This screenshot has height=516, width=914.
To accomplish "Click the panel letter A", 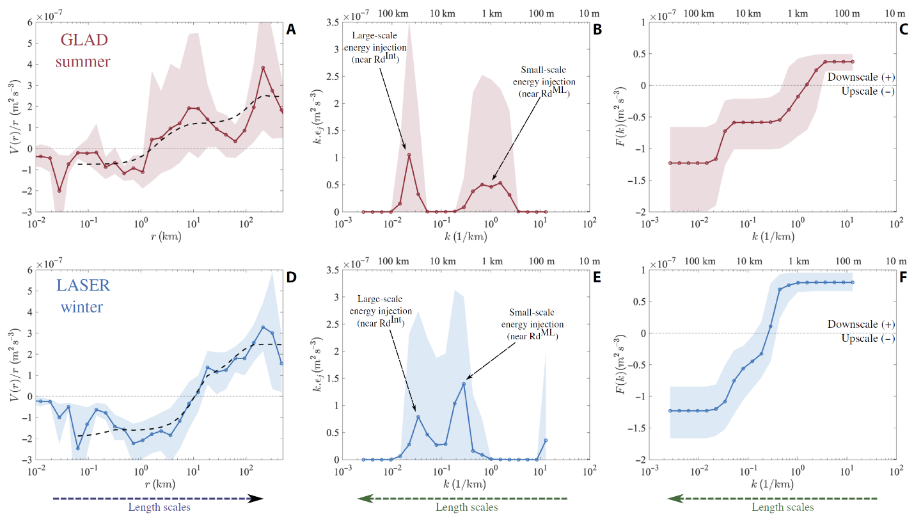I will click(292, 29).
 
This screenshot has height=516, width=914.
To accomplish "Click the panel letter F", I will click(902, 278).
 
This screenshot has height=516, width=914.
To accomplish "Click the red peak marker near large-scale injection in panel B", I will click(409, 155).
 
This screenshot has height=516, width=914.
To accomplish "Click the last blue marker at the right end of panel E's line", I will click(546, 440).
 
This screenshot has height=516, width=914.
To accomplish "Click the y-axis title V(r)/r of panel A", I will click(13, 117).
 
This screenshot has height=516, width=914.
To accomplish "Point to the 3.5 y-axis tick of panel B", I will click(331, 22).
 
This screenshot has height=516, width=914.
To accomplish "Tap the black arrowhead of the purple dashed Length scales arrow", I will click(256, 498).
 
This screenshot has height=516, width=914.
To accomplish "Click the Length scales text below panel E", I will click(466, 508).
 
